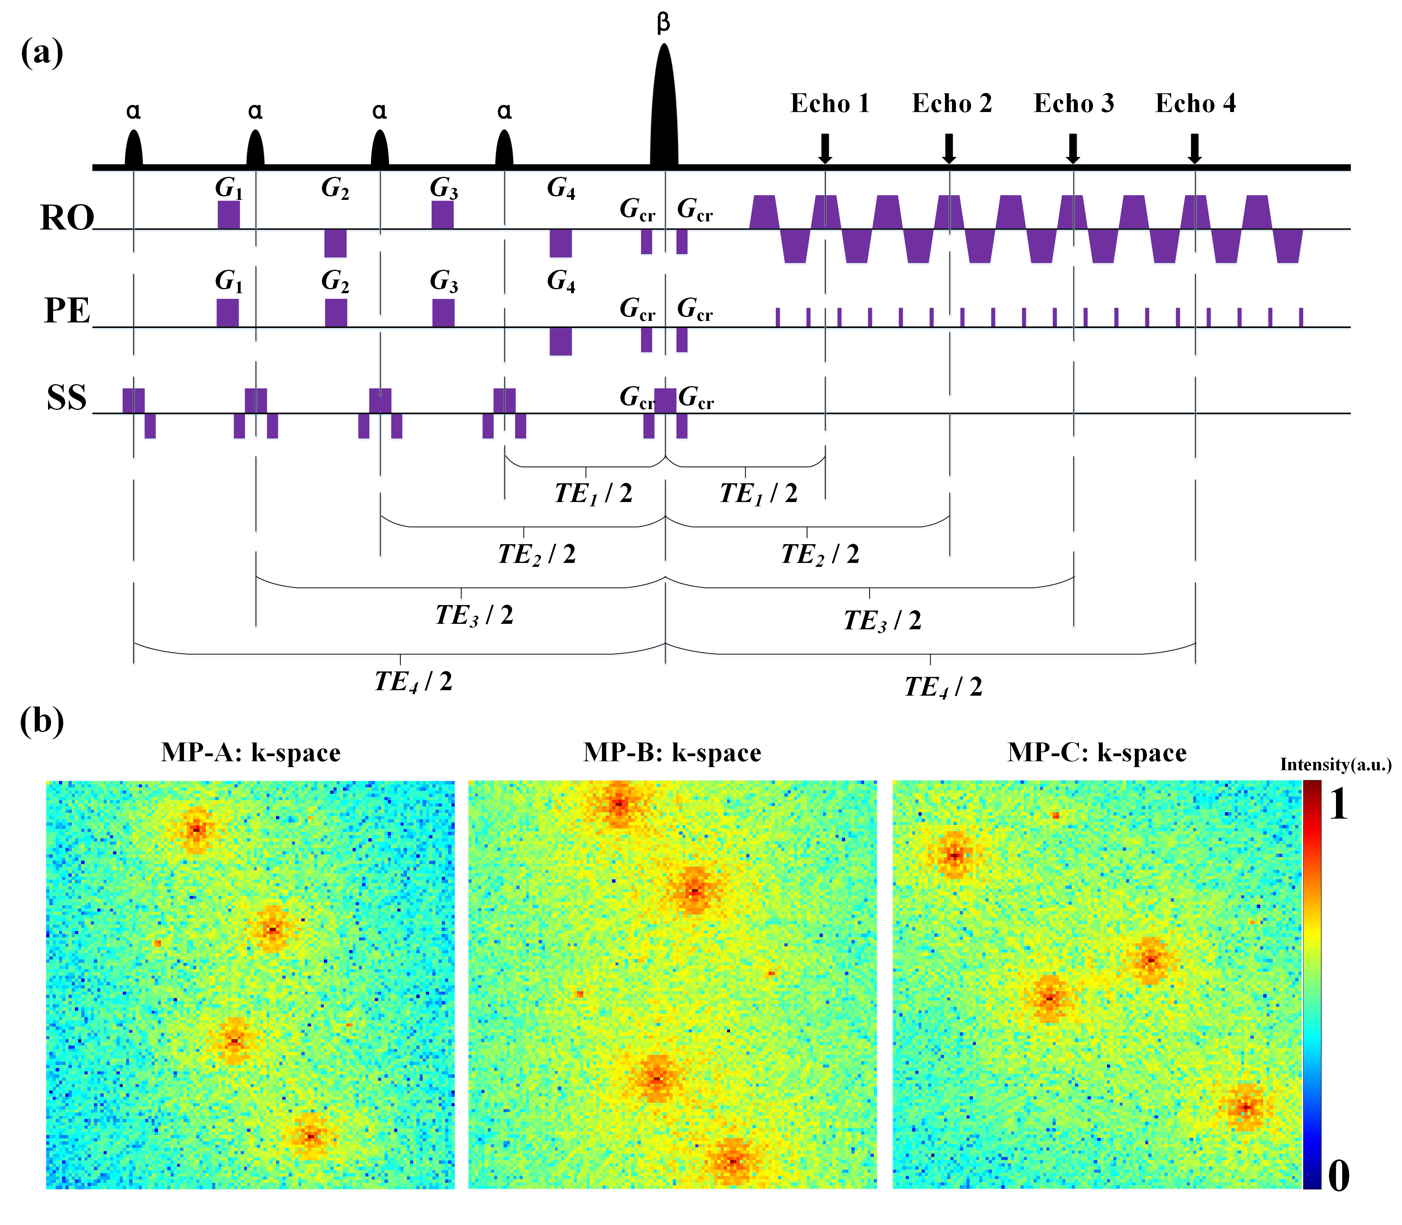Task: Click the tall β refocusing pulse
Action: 663,109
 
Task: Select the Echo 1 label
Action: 830,104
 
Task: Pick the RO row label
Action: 66,218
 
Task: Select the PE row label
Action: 66,311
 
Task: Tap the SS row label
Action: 66,398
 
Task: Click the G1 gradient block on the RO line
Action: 229,215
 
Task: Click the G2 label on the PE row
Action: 335,281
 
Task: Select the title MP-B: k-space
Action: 672,753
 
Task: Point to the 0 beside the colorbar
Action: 1338,1176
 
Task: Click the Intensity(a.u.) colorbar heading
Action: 1335,765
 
